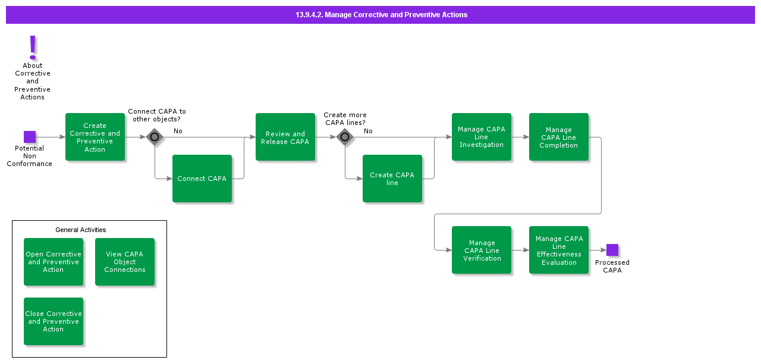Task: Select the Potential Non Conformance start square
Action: (x=30, y=137)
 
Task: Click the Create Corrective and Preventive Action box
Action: (x=95, y=137)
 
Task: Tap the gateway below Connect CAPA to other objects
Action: (x=155, y=137)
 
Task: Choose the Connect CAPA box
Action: (x=202, y=179)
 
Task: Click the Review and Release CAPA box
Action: (x=285, y=137)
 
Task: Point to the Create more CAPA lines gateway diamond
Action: (x=345, y=137)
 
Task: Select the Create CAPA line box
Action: (x=392, y=179)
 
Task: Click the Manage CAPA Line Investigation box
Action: (x=482, y=137)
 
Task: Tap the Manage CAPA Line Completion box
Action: (x=559, y=137)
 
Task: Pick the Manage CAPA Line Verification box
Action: (x=482, y=250)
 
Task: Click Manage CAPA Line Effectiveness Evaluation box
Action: (x=559, y=250)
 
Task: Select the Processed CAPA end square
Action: (x=612, y=250)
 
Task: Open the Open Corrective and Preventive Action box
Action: (x=54, y=262)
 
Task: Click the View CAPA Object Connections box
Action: (x=125, y=262)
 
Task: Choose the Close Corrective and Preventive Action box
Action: (x=54, y=321)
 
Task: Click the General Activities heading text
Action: (x=81, y=230)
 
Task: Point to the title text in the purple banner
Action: (x=381, y=15)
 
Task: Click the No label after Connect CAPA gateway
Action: (x=178, y=131)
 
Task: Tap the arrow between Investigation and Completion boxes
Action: (x=520, y=137)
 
